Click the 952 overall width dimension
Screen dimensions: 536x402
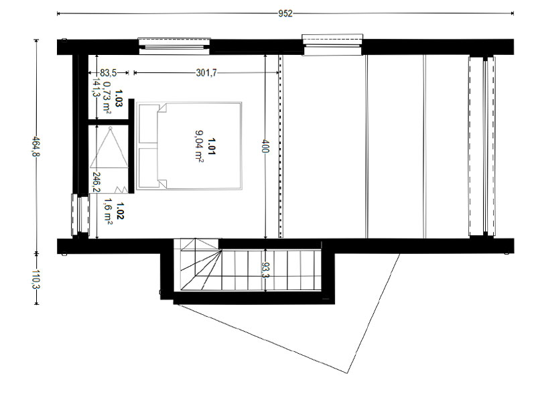[x=285, y=13]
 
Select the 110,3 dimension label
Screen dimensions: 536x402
[x=36, y=279]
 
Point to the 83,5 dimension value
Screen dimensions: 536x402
[x=109, y=73]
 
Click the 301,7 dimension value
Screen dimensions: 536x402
[x=206, y=73]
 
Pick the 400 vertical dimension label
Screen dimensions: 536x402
[x=266, y=146]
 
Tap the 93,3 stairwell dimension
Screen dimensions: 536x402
[x=265, y=270]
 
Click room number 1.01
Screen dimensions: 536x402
[x=212, y=146]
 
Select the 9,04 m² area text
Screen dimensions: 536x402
[x=199, y=146]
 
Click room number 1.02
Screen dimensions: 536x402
[x=120, y=210]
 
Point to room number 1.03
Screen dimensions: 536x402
[x=119, y=98]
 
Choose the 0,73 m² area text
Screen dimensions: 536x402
[x=107, y=97]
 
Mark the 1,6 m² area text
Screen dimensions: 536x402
[x=109, y=212]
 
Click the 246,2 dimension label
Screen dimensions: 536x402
[x=96, y=182]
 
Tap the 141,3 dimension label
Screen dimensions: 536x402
[x=96, y=88]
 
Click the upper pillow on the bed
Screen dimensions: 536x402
[x=148, y=124]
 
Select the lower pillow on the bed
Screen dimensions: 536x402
[x=148, y=167]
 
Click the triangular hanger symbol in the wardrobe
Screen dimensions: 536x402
[x=109, y=147]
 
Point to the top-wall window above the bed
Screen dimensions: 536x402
[x=174, y=46]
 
